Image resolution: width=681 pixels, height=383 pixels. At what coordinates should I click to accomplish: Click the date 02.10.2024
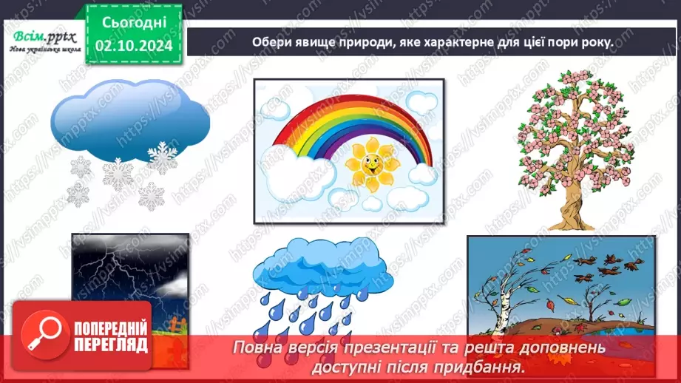tap(134, 44)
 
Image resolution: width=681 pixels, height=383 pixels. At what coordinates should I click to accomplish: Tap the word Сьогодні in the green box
tap(135, 22)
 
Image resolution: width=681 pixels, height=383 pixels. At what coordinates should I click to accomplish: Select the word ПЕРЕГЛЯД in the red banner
tap(111, 345)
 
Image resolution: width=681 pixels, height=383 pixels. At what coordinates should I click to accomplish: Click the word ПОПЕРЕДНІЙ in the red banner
tap(111, 328)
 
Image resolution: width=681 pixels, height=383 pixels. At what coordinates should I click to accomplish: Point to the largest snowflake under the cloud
tap(117, 175)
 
